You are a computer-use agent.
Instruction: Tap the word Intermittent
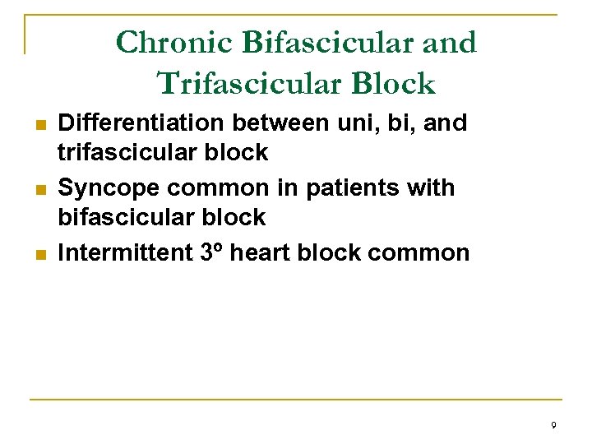click(126, 252)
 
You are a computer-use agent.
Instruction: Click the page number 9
click(553, 425)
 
